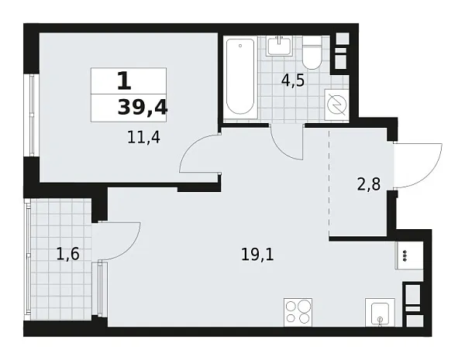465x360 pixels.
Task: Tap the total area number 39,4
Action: [142, 108]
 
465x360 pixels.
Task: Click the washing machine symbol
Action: [337, 104]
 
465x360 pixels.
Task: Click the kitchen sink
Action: [379, 314]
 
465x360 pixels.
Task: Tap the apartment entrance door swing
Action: [417, 164]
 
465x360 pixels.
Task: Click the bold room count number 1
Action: [123, 80]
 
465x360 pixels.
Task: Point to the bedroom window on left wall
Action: [30, 115]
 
